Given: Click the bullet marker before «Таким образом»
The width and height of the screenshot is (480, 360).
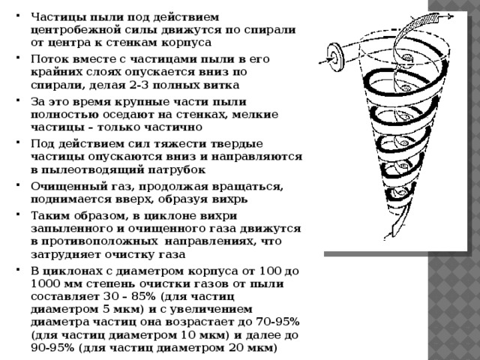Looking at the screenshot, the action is [18, 213].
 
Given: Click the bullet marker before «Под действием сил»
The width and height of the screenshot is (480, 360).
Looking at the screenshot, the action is [18, 142].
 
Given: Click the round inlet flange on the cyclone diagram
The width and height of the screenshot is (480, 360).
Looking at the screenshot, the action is [336, 57].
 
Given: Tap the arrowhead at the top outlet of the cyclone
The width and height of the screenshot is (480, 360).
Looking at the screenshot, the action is [450, 16].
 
